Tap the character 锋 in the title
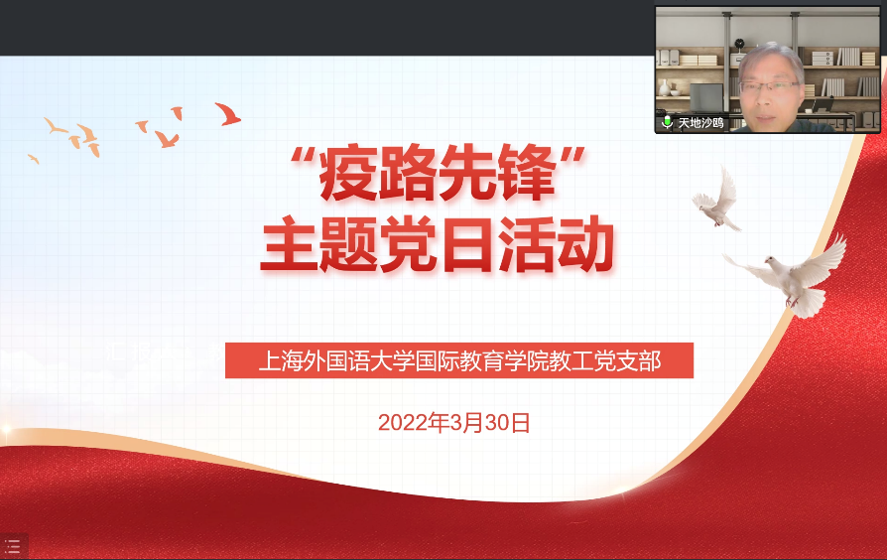click(526, 174)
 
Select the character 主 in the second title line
click(288, 244)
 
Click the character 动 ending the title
click(585, 244)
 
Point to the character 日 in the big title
click(466, 244)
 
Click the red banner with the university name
click(459, 360)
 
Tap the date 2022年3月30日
click(453, 423)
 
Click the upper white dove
click(717, 200)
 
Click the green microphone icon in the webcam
click(667, 122)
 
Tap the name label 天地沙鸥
click(701, 123)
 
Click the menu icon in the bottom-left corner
click(13, 546)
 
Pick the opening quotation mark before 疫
click(303, 156)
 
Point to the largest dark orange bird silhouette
click(227, 114)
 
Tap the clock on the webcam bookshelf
click(739, 43)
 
